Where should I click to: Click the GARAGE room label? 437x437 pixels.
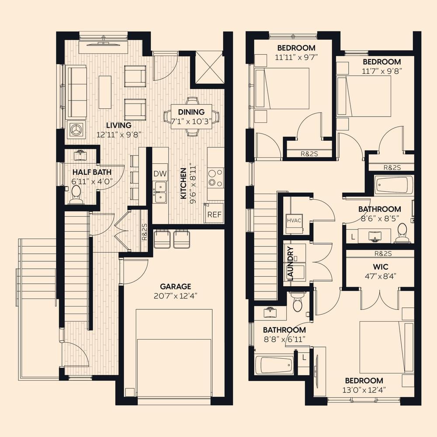(175, 287)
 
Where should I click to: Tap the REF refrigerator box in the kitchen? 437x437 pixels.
(214, 214)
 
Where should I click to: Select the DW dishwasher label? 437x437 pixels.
(160, 174)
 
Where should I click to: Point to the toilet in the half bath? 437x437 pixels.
(76, 194)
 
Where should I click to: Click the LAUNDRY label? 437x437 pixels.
(290, 264)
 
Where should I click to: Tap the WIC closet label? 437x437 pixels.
(381, 267)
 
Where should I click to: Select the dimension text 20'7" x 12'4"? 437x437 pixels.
(175, 296)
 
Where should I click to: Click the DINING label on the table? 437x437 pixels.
(191, 112)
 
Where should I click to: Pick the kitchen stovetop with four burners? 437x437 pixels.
(215, 178)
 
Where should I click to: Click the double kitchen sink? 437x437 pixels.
(160, 192)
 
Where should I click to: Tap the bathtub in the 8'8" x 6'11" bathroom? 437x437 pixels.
(274, 365)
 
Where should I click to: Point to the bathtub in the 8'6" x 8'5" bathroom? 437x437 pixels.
(394, 185)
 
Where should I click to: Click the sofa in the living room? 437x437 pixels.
(76, 93)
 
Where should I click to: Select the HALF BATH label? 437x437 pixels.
(92, 172)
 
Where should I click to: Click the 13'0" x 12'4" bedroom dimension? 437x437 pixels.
(364, 390)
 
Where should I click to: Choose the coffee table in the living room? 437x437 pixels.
(105, 92)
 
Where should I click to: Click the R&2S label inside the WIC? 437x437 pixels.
(383, 253)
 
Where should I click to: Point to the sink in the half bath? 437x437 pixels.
(80, 155)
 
